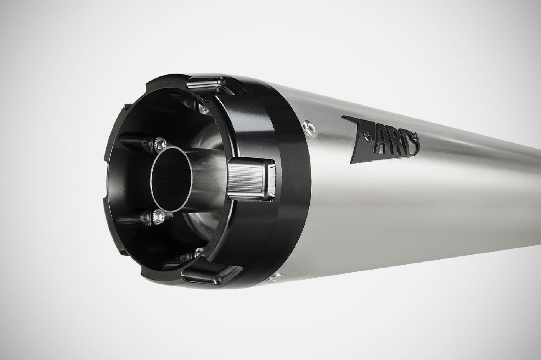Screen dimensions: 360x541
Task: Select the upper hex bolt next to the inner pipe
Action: (x=160, y=143)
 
